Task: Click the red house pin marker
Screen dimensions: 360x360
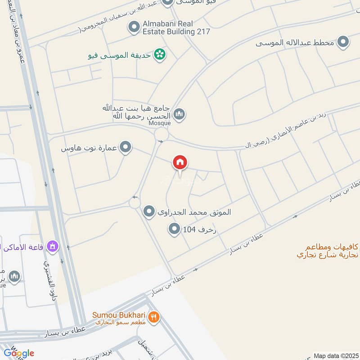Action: point(180,163)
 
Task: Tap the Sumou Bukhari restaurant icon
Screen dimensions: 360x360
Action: point(154,316)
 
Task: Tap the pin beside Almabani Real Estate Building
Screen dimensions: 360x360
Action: point(133,27)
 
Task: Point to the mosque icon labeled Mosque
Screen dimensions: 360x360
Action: point(179,114)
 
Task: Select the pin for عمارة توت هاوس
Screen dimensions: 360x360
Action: point(126,147)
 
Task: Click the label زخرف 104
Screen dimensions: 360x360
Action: point(200,230)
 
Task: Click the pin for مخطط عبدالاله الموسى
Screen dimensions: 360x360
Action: point(343,43)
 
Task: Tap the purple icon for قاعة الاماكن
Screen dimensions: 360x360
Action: point(54,246)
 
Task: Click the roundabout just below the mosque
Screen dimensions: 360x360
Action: point(161,135)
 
